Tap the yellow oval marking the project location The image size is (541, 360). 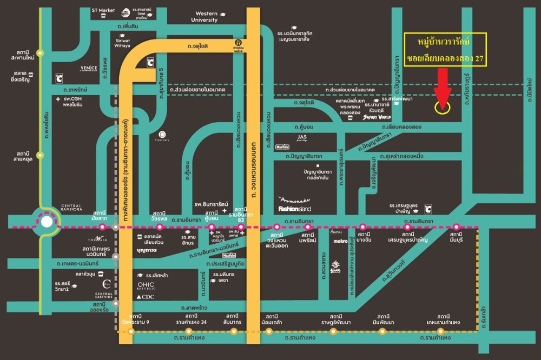[442, 108]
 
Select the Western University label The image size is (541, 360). [204, 17]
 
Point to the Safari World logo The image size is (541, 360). [377, 117]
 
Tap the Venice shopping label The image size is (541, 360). [88, 68]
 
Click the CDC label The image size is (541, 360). [146, 297]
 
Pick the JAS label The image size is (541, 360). [302, 137]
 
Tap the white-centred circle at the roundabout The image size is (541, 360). [47, 221]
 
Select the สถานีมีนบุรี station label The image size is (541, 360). [456, 236]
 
